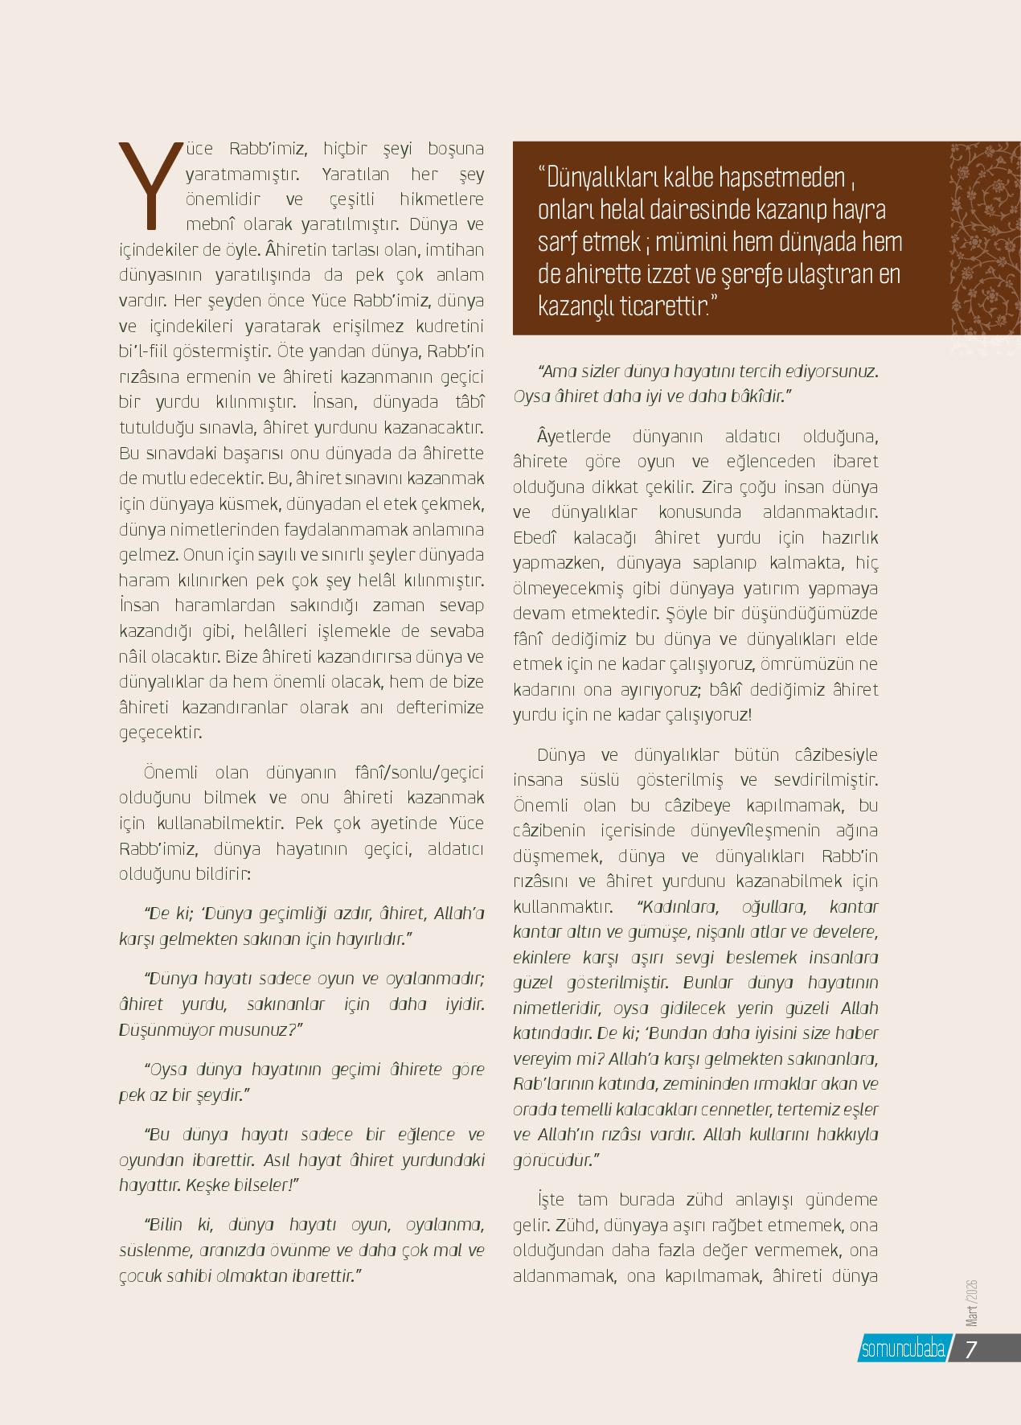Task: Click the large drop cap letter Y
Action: (149, 183)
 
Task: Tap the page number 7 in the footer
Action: (970, 1349)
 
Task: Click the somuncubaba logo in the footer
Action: (902, 1349)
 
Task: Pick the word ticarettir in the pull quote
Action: (663, 306)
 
